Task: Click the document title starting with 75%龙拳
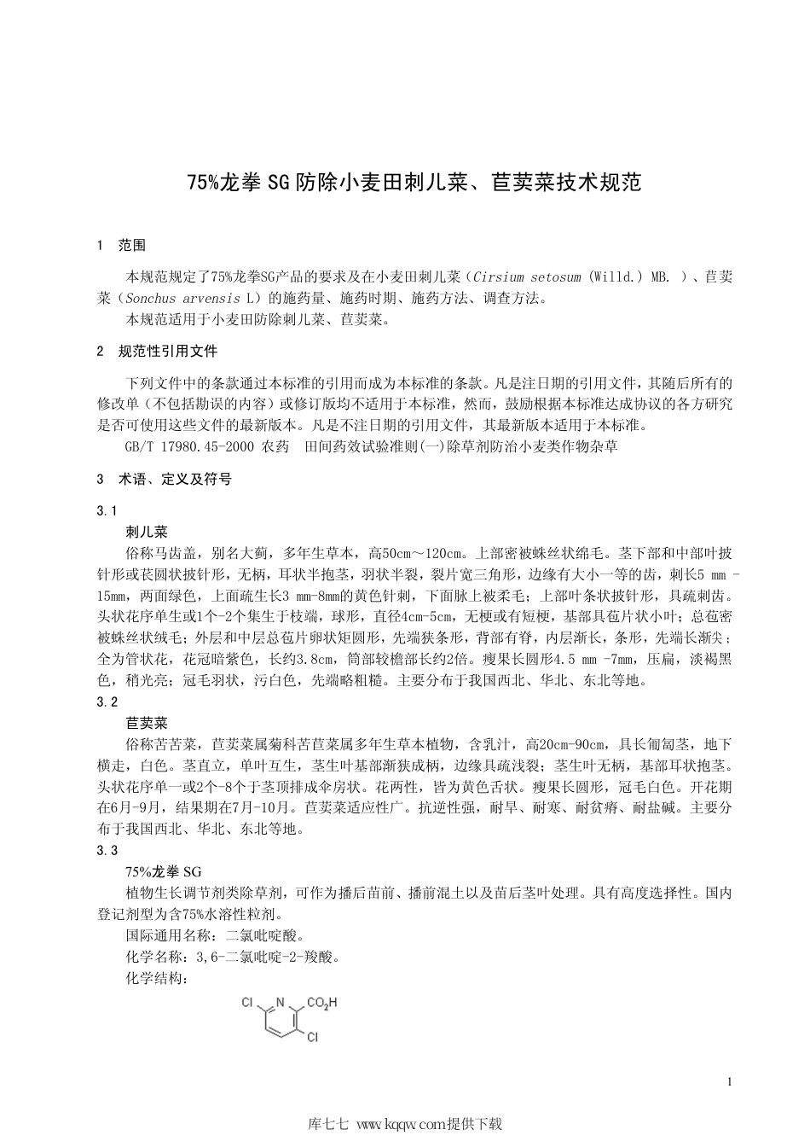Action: pyautogui.click(x=414, y=183)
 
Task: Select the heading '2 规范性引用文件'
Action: pyautogui.click(x=158, y=351)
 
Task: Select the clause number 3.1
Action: pyautogui.click(x=107, y=510)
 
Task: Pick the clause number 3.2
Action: pyautogui.click(x=107, y=702)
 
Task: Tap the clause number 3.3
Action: pyautogui.click(x=107, y=850)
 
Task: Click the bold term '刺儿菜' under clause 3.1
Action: pyautogui.click(x=147, y=532)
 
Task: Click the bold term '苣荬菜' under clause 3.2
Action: pyautogui.click(x=147, y=723)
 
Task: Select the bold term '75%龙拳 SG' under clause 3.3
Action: pyautogui.click(x=164, y=871)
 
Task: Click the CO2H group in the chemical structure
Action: pyautogui.click(x=321, y=1002)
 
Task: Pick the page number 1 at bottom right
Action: pyautogui.click(x=730, y=1083)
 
